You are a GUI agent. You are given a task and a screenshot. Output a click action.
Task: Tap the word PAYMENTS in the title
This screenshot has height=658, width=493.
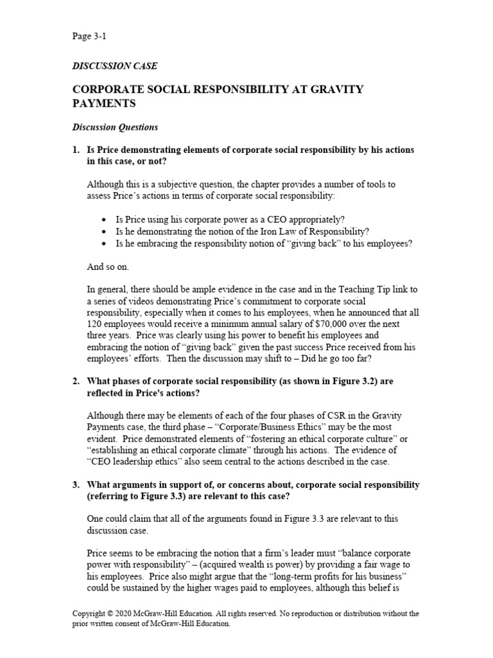tap(106, 103)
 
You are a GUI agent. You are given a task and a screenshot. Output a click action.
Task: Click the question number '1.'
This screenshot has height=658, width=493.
tap(76, 150)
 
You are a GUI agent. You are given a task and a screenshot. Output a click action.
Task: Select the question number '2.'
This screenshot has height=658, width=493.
tap(76, 381)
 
